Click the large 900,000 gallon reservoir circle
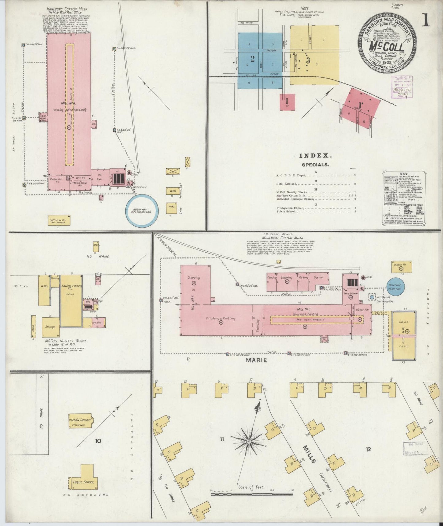pyautogui.click(x=142, y=211)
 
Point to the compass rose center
pyautogui.click(x=249, y=442)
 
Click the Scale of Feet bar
pyautogui.click(x=251, y=494)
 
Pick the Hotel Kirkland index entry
pyautogui.click(x=287, y=184)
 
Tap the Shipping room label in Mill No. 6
pyautogui.click(x=194, y=277)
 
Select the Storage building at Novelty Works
pyautogui.click(x=51, y=327)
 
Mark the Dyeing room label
pyautogui.click(x=318, y=277)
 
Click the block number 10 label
pyautogui.click(x=98, y=441)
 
